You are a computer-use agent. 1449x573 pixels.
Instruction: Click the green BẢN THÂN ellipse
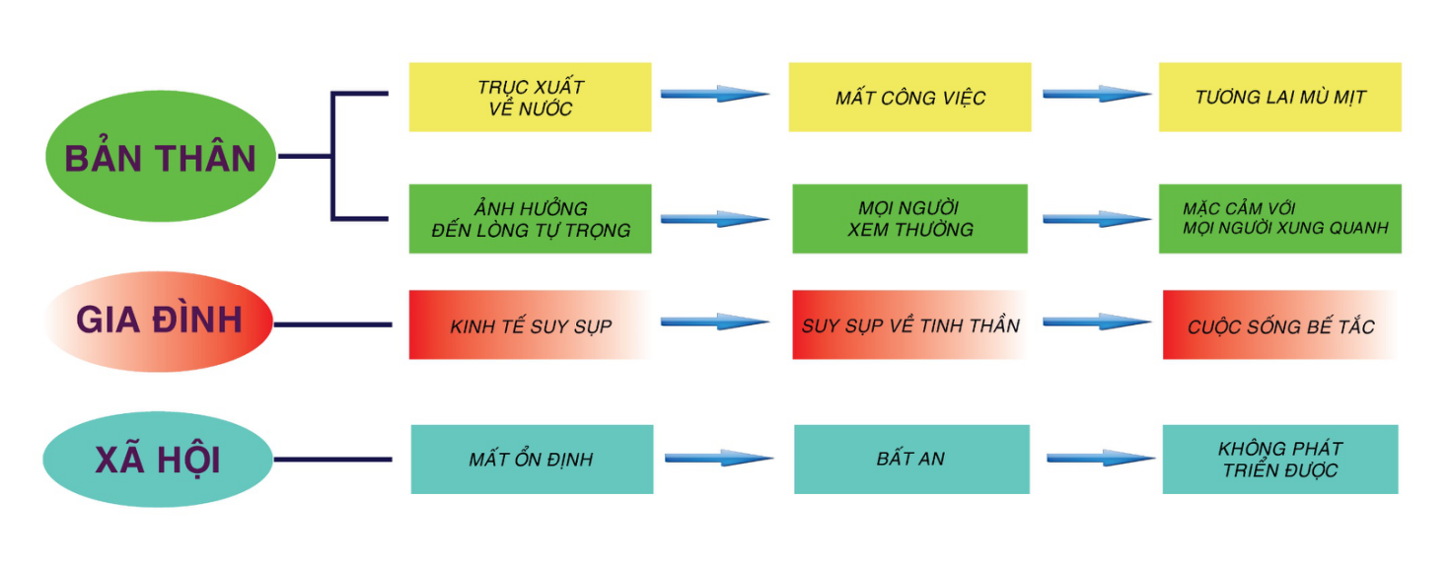click(161, 157)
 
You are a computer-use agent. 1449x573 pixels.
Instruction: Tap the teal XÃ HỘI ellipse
click(158, 460)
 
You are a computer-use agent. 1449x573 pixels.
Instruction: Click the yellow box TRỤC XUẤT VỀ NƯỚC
click(530, 98)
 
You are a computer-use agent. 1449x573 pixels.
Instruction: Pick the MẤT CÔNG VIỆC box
click(909, 98)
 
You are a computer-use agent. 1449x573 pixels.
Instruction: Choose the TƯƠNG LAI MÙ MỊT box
click(1279, 98)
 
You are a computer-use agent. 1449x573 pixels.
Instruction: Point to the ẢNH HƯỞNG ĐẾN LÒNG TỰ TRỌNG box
click(530, 218)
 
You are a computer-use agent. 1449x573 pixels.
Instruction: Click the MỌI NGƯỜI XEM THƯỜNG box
click(909, 218)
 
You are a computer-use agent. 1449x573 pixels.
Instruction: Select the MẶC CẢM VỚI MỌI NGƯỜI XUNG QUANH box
click(1279, 218)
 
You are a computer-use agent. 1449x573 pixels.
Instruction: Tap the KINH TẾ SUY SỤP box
click(530, 325)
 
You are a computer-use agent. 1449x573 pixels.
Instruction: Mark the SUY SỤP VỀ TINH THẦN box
click(909, 324)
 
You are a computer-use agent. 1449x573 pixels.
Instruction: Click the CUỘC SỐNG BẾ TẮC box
click(1279, 325)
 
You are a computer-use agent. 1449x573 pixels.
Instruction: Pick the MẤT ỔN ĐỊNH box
click(532, 459)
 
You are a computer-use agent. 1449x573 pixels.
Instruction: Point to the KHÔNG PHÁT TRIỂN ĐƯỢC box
click(1280, 459)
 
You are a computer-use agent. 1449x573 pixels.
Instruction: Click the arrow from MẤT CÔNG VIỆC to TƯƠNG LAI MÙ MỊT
click(1096, 94)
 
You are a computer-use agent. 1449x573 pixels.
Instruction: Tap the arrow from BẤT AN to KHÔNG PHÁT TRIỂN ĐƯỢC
click(1100, 458)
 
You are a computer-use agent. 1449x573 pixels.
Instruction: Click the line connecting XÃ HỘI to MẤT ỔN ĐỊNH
click(332, 460)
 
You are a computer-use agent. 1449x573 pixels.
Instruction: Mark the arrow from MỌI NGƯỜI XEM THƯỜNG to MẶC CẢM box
click(1096, 218)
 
